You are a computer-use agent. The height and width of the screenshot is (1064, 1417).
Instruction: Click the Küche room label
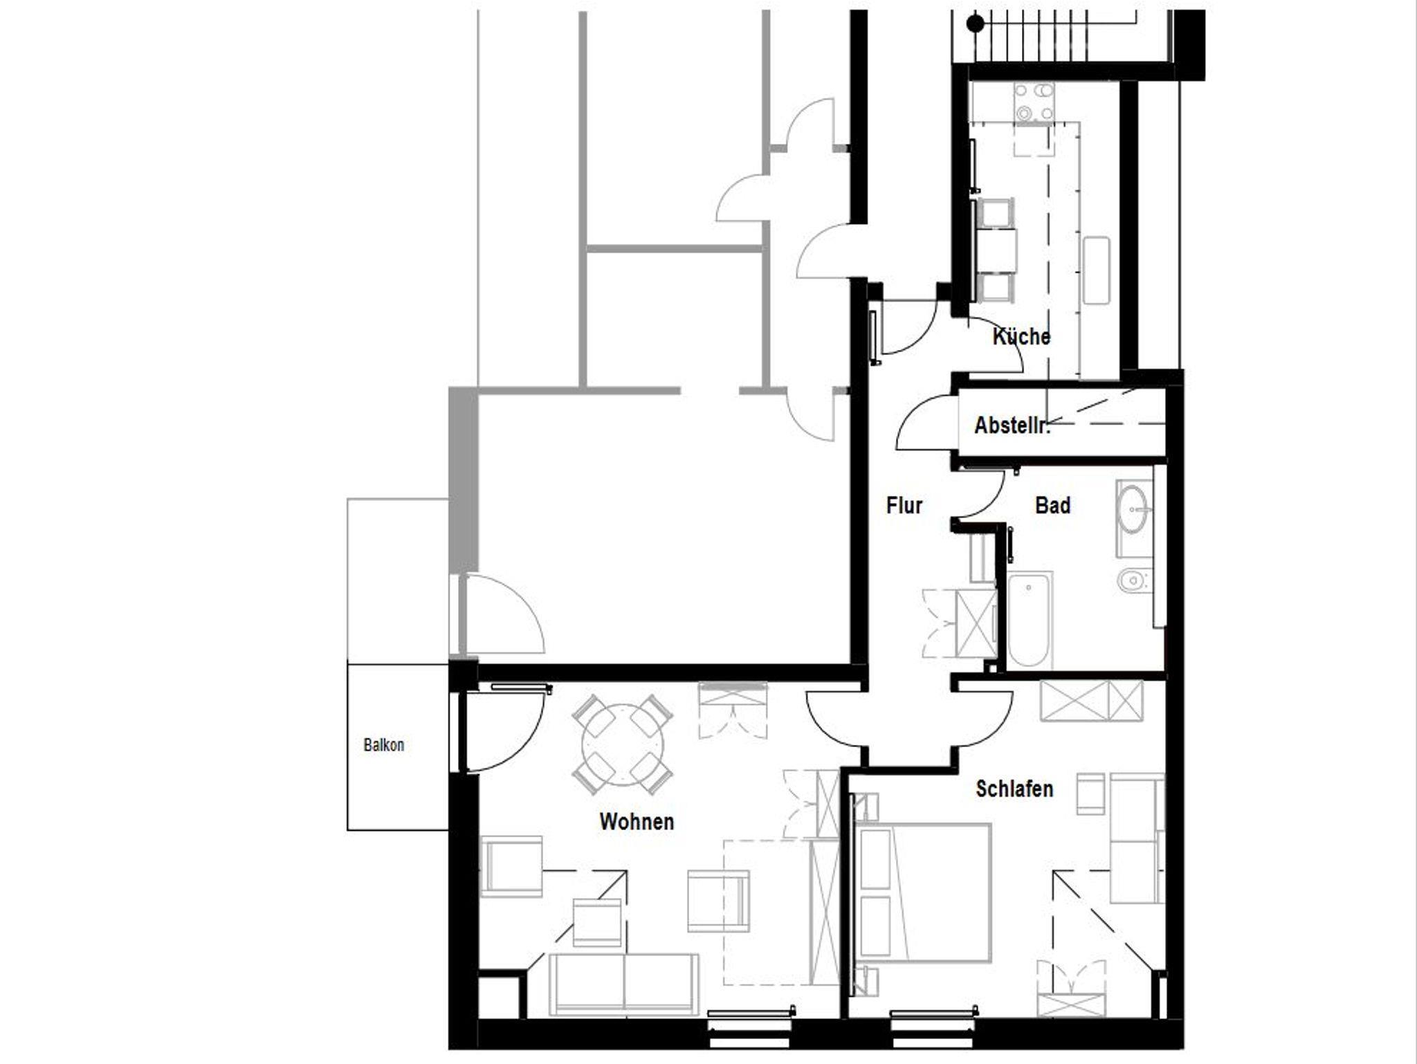[x=1021, y=337]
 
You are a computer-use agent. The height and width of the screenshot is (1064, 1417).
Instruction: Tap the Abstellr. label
[x=1012, y=425]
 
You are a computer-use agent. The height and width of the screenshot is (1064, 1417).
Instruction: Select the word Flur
[x=904, y=506]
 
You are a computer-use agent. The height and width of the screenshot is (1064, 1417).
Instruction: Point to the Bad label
[x=1052, y=506]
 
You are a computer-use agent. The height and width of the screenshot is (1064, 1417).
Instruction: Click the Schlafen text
[x=1014, y=789]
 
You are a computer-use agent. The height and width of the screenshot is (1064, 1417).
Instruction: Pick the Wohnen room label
[x=637, y=822]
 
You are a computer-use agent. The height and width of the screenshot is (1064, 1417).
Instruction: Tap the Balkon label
[x=384, y=745]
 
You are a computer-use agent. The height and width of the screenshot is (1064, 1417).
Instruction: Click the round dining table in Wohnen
[x=623, y=745]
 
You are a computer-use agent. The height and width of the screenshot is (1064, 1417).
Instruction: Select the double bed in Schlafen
[x=923, y=892]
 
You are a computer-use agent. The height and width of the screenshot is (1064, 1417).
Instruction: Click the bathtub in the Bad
[x=1029, y=620]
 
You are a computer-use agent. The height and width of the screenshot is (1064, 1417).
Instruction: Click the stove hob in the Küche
[x=1034, y=102]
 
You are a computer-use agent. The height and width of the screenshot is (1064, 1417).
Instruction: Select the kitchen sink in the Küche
[x=1096, y=270]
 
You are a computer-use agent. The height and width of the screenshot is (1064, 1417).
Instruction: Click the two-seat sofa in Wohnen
[x=624, y=984]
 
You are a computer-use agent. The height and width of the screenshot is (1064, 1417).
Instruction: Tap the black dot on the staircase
[x=976, y=24]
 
